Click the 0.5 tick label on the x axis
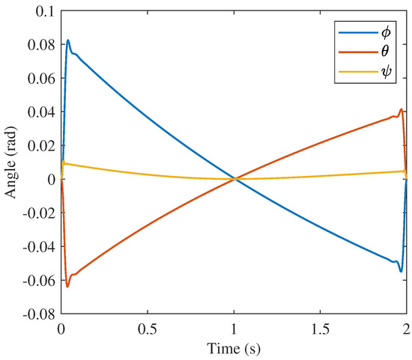click(147, 329)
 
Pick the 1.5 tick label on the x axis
click(320, 329)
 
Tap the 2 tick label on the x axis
click(405, 329)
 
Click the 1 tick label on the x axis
click(234, 329)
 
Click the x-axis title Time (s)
click(233, 348)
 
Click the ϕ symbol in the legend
click(389, 32)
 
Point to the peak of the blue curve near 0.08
click(68, 40)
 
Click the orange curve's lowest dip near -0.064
click(67, 287)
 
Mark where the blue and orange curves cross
click(234, 179)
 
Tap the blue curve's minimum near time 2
click(401, 271)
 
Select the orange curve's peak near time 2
click(402, 109)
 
